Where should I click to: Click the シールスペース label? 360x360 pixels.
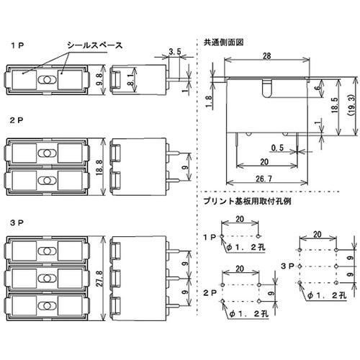(x=95, y=45)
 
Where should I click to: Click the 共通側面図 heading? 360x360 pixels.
(x=223, y=42)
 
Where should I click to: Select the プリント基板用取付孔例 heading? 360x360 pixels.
(x=247, y=201)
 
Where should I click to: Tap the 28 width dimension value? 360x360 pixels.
(x=266, y=56)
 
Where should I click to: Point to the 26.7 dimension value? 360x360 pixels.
(x=264, y=179)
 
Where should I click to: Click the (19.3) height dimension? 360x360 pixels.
(x=351, y=105)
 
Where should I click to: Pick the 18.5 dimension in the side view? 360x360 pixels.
(x=335, y=105)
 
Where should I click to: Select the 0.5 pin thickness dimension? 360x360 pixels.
(x=277, y=148)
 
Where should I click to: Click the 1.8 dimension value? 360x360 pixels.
(x=209, y=102)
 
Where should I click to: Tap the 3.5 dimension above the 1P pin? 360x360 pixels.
(x=175, y=51)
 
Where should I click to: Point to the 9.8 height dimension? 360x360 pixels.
(x=99, y=79)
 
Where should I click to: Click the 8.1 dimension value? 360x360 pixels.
(x=130, y=79)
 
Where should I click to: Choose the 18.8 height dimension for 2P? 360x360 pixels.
(x=99, y=167)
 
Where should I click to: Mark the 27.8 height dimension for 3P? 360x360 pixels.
(x=99, y=279)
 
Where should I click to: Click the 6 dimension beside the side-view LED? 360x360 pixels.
(x=318, y=88)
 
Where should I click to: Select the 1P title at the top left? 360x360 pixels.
(x=17, y=45)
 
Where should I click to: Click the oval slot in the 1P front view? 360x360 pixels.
(x=48, y=80)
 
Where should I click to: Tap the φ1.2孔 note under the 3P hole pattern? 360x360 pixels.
(x=327, y=295)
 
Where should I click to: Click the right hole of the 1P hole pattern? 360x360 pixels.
(x=258, y=236)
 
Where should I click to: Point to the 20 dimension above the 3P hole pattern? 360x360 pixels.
(x=318, y=234)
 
